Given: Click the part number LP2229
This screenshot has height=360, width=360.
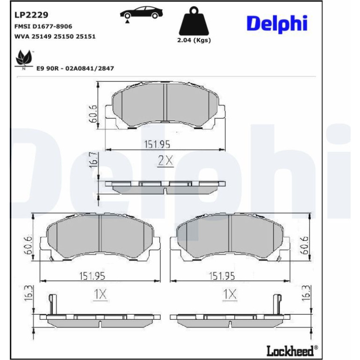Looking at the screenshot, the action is pos(31,15).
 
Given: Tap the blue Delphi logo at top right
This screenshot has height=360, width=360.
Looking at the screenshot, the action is pos(277,24).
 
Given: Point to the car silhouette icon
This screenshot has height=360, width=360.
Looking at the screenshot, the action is pos(141,13).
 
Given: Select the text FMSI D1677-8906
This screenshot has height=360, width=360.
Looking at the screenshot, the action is pos(43,26).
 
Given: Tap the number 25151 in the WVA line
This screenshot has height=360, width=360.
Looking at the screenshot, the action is pos(86,36).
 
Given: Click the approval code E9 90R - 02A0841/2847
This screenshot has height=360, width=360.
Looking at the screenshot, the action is pos(75,68).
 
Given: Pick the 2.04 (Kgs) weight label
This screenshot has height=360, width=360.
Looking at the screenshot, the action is pos(194,40).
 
